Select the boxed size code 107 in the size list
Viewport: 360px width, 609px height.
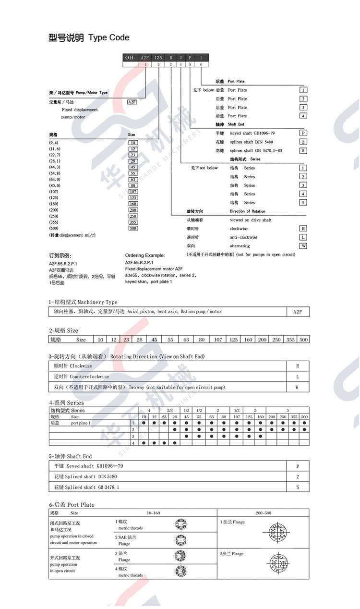(x=133, y=192)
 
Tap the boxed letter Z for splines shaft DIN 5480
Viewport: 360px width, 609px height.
(x=303, y=142)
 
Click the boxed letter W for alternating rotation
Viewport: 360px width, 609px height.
(x=303, y=246)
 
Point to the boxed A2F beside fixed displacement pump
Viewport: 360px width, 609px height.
(x=132, y=102)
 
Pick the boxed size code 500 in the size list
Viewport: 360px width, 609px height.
(x=133, y=228)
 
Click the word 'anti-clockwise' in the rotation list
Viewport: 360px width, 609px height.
(x=243, y=237)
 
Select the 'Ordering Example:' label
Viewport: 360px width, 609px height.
(x=145, y=256)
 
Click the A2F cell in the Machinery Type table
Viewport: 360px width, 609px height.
(x=298, y=312)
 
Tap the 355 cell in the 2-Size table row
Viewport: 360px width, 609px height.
(x=290, y=340)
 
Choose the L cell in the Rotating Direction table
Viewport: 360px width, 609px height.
(x=298, y=377)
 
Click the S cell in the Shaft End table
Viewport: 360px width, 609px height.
(x=298, y=487)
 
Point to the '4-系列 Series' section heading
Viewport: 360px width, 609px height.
(x=66, y=402)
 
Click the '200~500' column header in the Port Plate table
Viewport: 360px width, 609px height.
(x=264, y=513)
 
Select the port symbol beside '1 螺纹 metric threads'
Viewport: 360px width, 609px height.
(x=181, y=524)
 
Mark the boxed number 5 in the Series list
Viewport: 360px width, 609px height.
(x=303, y=202)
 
